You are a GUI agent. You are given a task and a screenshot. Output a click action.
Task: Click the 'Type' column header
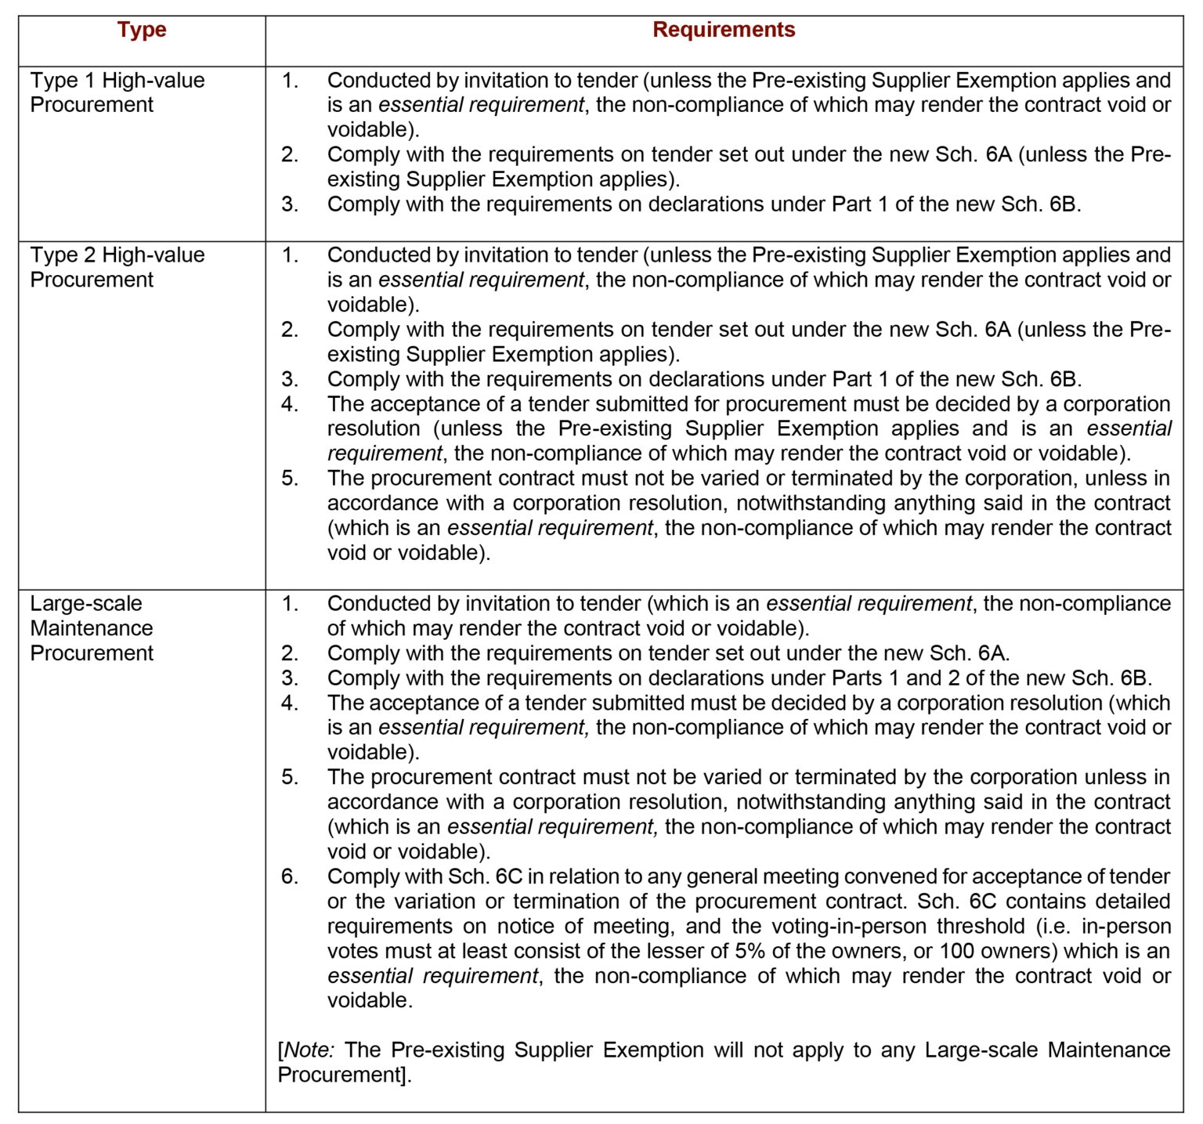coord(142,30)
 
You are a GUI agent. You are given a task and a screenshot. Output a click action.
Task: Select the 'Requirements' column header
coord(724,30)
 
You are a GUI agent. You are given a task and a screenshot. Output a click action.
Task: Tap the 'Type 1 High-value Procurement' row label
coord(117,92)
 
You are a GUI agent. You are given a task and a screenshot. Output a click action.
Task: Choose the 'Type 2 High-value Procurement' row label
coord(117,267)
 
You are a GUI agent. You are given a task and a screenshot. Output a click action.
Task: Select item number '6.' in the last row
coord(290,876)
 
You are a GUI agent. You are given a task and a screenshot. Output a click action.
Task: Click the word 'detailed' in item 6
coord(1133,901)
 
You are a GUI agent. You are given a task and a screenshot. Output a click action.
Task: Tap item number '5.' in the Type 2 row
coord(290,479)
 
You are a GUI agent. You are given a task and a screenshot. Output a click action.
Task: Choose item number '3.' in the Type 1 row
coord(290,204)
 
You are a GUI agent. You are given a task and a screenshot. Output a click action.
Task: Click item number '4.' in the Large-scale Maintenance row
coord(290,703)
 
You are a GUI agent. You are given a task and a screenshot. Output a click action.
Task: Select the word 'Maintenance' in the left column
coord(92,628)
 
